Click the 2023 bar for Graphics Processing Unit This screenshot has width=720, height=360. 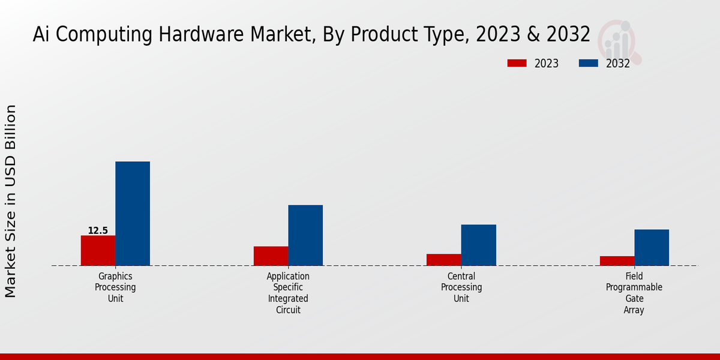(98, 250)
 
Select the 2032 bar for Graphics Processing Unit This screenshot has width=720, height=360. (133, 213)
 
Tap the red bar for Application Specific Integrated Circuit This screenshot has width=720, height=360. (271, 256)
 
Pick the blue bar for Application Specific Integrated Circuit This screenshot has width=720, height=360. (305, 235)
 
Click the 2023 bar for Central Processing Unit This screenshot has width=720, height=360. (444, 259)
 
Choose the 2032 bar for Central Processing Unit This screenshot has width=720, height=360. (479, 245)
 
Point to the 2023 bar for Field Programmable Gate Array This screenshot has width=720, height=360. (617, 260)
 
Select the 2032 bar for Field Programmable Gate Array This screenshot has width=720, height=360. (652, 247)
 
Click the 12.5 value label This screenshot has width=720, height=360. (98, 230)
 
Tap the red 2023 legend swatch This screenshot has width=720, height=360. (517, 63)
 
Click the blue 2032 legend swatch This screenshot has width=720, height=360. (589, 63)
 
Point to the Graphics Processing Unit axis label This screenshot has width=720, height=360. (115, 287)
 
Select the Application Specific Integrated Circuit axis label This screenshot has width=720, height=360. (288, 293)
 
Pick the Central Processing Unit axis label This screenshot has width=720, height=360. (461, 287)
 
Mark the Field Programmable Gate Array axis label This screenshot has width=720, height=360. (634, 293)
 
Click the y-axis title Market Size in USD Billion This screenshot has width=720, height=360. (11, 201)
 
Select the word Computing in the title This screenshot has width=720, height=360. (105, 35)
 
